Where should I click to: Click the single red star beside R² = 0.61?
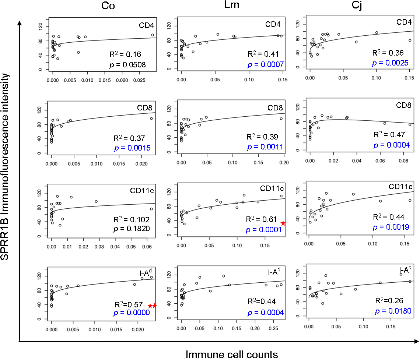283,223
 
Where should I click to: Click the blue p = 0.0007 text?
265,64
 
